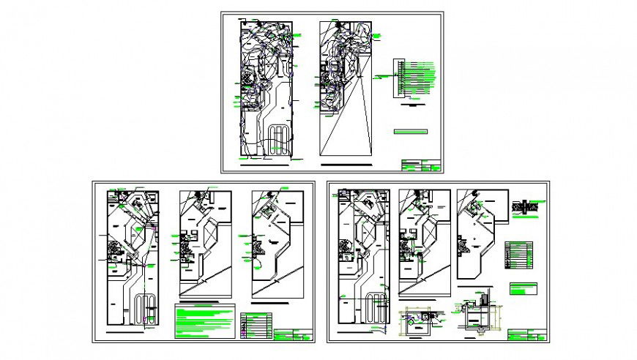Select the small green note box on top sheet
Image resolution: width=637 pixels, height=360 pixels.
(410, 132)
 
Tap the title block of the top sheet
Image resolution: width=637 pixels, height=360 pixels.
(420, 165)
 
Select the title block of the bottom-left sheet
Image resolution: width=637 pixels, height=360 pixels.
(293, 335)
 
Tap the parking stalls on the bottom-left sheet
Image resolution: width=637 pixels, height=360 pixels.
(146, 309)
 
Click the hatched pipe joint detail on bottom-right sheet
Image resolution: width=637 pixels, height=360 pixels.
(526, 207)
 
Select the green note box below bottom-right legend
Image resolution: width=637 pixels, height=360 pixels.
(525, 288)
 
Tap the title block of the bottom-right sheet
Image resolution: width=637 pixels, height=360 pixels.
(526, 335)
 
